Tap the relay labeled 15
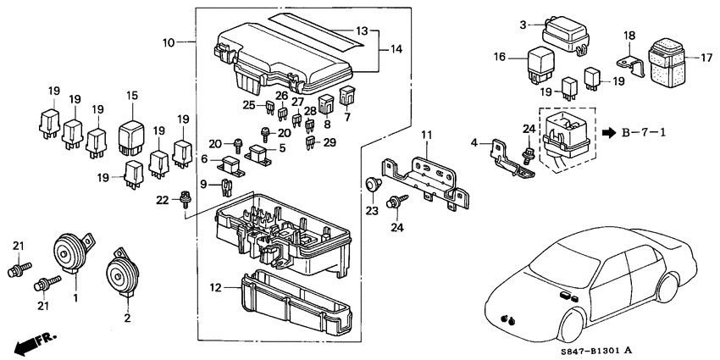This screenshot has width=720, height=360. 131,135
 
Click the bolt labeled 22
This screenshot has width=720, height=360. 184,201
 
